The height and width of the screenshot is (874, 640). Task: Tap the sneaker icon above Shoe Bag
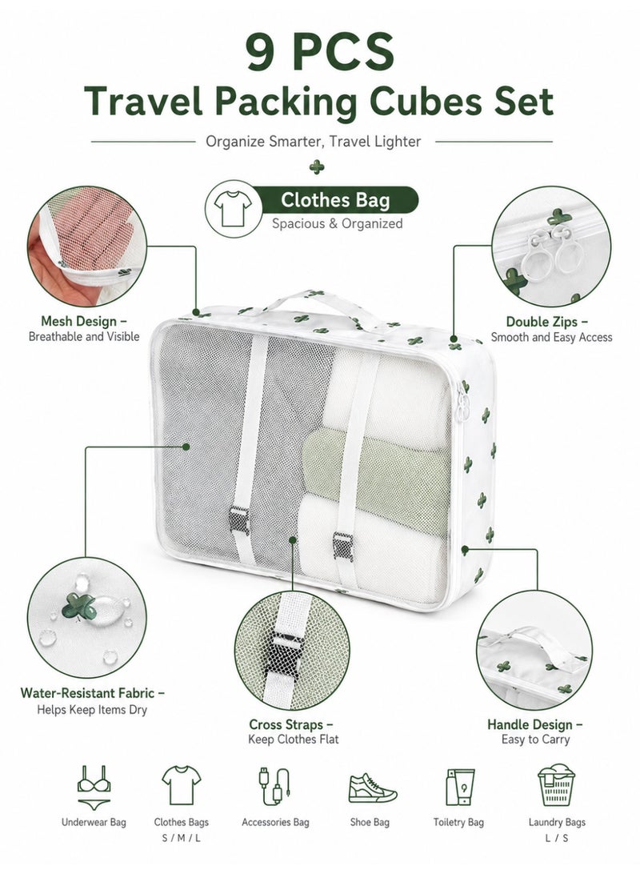point(372,788)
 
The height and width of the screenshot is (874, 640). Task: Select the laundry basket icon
point(555,785)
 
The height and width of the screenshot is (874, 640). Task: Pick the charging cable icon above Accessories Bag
point(274,787)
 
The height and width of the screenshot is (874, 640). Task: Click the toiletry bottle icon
point(460,787)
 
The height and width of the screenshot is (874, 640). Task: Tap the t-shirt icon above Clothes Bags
point(182,785)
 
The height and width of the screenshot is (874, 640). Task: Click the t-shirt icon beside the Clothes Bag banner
point(233,209)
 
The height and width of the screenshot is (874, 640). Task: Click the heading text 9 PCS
point(320,51)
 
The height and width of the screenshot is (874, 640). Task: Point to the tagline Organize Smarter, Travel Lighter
point(314,142)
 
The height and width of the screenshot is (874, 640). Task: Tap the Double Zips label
point(547,322)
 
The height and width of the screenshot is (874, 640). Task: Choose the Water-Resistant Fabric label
point(93,693)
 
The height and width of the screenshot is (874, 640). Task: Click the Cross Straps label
point(290,724)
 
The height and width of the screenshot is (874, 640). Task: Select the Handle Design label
point(534,724)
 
